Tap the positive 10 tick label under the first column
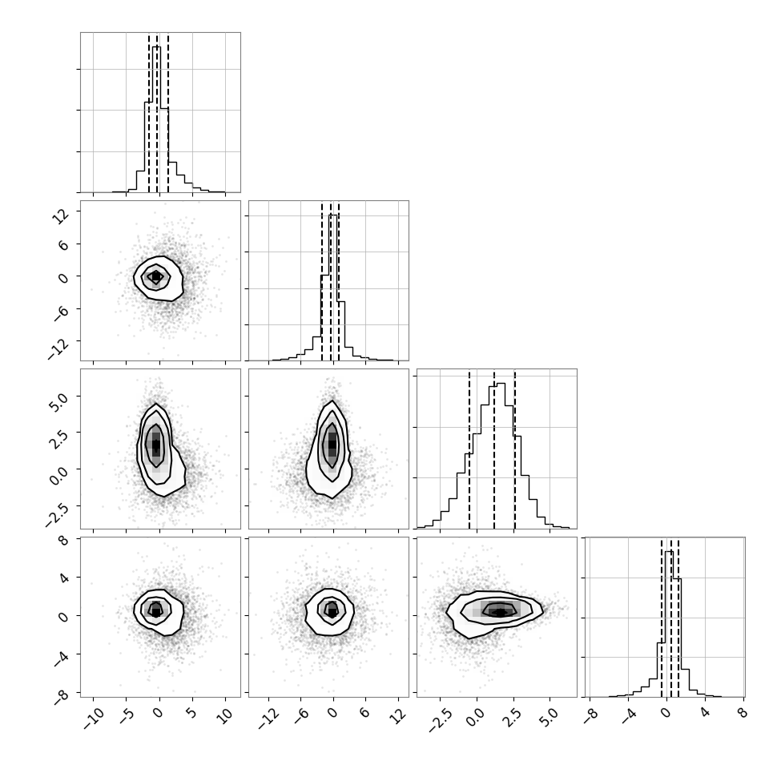tap(225, 717)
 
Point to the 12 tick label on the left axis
tap(62, 216)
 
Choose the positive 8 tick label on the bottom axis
tap(742, 713)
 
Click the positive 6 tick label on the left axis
tap(64, 246)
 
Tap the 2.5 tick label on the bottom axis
tap(513, 718)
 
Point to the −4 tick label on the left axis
tap(62, 659)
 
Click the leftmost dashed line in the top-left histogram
tap(149, 113)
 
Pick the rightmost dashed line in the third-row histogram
tap(515, 450)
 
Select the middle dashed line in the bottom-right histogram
tap(671, 618)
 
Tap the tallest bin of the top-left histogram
tap(156, 119)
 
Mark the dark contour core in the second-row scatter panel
tap(156, 276)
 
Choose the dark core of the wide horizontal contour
tap(500, 612)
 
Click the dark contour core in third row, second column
tap(332, 445)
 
